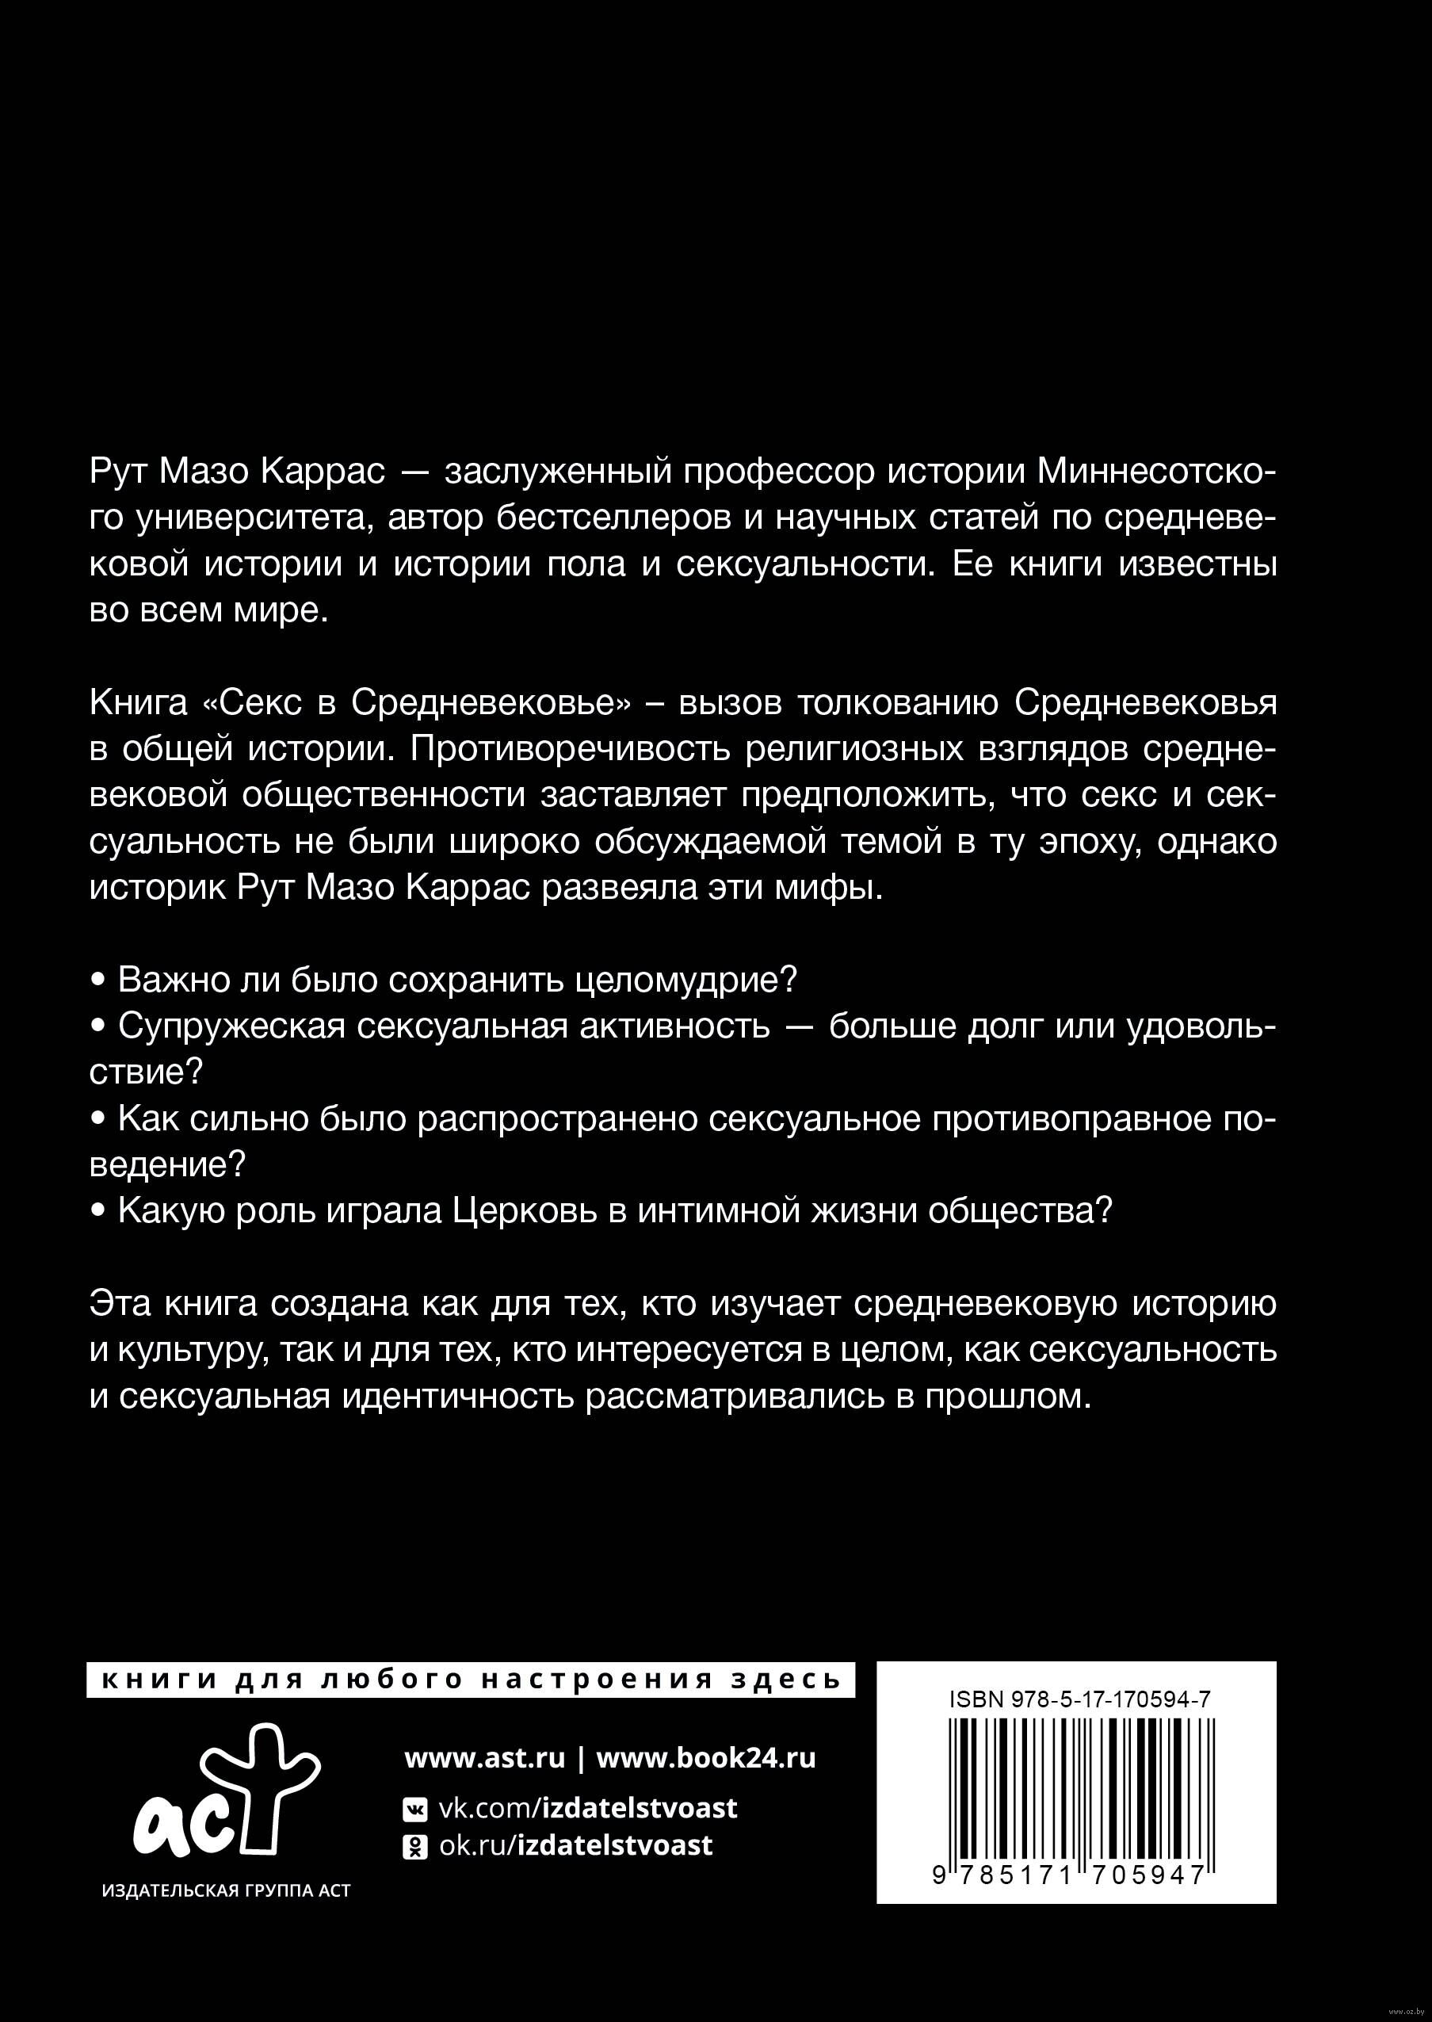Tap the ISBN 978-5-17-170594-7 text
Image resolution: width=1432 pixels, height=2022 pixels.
(x=1079, y=1700)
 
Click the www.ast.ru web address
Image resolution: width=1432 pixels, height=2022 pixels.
(x=484, y=1757)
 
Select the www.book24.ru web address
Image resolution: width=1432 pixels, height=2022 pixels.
(x=705, y=1757)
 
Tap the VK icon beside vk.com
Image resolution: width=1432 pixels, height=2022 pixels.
(x=414, y=1810)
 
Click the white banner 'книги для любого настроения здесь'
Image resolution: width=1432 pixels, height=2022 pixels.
(x=472, y=1679)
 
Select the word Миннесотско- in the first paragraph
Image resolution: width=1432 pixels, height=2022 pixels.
(x=1156, y=473)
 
